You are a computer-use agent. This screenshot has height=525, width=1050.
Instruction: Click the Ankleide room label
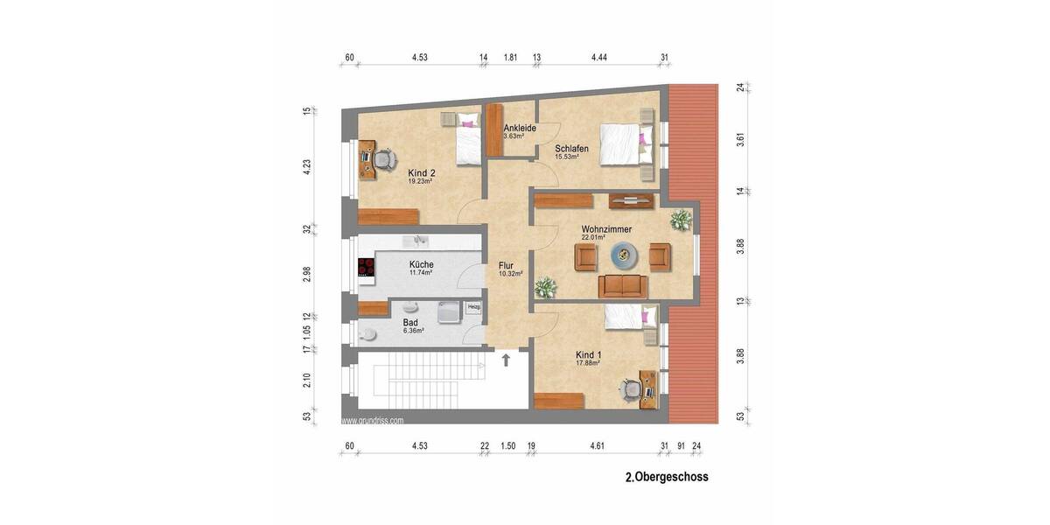tap(519, 129)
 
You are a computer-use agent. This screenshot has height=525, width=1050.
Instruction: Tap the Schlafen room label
tap(571, 150)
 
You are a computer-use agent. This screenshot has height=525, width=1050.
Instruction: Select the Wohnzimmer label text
tap(606, 229)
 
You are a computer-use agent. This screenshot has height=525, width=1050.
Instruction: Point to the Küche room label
tap(421, 264)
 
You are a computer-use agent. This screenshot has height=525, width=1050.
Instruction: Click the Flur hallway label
tap(506, 266)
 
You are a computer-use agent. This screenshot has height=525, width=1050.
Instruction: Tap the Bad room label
tap(410, 323)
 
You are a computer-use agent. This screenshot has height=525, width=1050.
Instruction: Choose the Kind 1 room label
tap(588, 355)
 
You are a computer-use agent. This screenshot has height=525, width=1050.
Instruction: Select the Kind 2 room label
tap(422, 173)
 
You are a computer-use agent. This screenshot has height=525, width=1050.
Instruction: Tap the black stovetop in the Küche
tap(366, 268)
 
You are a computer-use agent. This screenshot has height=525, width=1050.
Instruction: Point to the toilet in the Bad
tap(368, 333)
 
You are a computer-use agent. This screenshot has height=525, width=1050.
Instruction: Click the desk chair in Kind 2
tap(383, 160)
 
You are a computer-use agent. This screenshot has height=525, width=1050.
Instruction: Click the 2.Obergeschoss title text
tap(666, 478)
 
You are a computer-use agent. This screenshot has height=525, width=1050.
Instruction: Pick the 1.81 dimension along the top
tap(510, 58)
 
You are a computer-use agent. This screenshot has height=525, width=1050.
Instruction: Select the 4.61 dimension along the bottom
tap(597, 446)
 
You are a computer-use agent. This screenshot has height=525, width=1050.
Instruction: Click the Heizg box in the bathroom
tap(473, 306)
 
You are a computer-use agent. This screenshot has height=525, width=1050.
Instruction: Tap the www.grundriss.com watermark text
tap(374, 421)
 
